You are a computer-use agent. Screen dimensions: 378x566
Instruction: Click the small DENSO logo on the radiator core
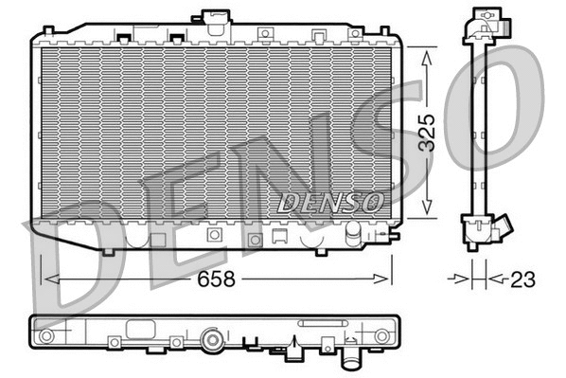[330, 202]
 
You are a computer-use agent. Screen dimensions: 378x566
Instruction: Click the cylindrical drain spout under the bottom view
[351, 361]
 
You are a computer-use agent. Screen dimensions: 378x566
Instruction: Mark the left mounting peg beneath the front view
[110, 251]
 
